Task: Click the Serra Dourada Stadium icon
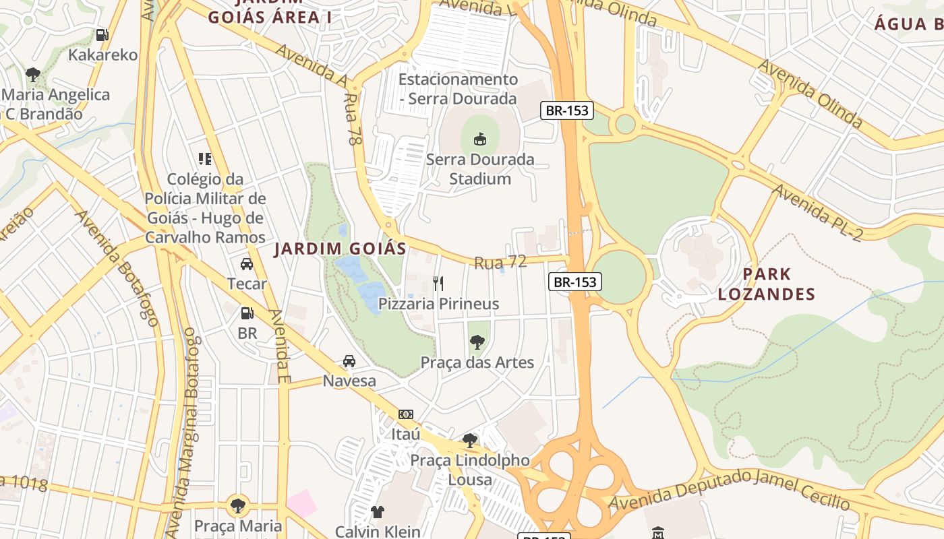click(479, 139)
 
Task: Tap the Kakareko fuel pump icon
click(102, 34)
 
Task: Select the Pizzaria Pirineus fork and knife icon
click(438, 283)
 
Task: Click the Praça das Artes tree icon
click(477, 342)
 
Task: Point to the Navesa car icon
click(349, 361)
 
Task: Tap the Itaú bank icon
click(406, 414)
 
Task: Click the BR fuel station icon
click(247, 313)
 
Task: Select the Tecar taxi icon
click(247, 263)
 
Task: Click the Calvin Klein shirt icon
click(378, 512)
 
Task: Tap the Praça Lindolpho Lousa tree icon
click(470, 441)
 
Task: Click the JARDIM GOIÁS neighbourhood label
click(341, 249)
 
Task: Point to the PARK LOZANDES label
click(767, 284)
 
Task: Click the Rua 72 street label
click(500, 262)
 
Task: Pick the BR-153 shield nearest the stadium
click(567, 110)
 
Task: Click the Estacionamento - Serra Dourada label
click(458, 89)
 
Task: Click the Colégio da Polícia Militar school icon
click(205, 159)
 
